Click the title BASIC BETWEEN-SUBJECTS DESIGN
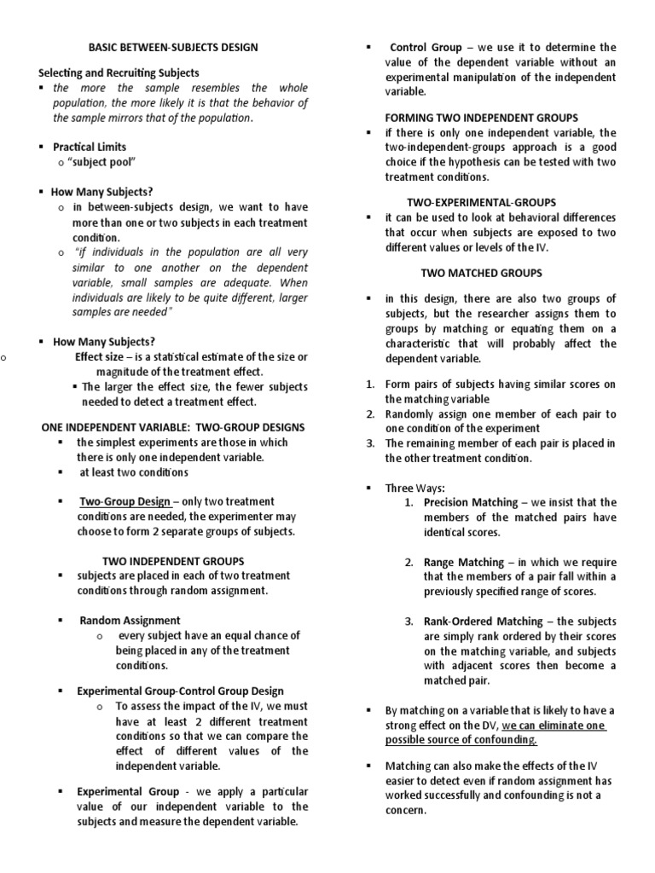tap(174, 47)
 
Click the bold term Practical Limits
tap(90, 147)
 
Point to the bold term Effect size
tap(99, 356)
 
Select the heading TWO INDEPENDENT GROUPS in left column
tap(173, 561)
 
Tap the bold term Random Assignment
tap(130, 621)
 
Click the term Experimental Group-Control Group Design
tap(180, 691)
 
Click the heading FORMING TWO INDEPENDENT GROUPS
tap(482, 118)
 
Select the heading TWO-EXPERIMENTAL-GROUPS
tap(481, 202)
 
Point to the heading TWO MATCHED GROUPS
tap(482, 273)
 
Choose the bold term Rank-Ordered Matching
tap(478, 622)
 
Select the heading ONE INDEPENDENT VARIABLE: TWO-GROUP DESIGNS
tap(173, 427)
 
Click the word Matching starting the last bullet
tap(409, 766)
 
